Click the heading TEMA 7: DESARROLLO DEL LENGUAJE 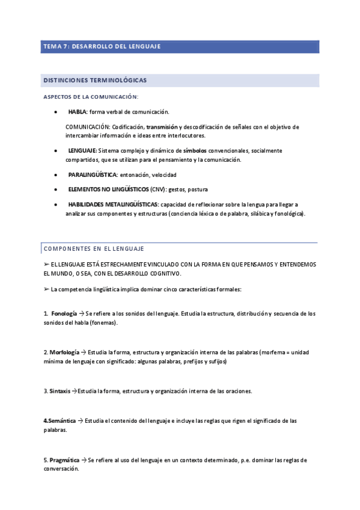tap(102, 46)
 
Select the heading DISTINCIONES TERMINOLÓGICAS tap(95, 80)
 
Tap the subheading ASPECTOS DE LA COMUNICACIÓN tap(91, 97)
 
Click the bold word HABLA tap(78, 112)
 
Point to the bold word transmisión tap(162, 127)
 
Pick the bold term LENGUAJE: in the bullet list tap(82, 150)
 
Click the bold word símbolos tap(195, 150)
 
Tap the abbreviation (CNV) tap(157, 189)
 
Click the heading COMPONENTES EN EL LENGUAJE tap(93, 248)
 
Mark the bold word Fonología tap(64, 314)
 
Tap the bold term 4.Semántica tap(59, 421)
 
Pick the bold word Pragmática tap(64, 460)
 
